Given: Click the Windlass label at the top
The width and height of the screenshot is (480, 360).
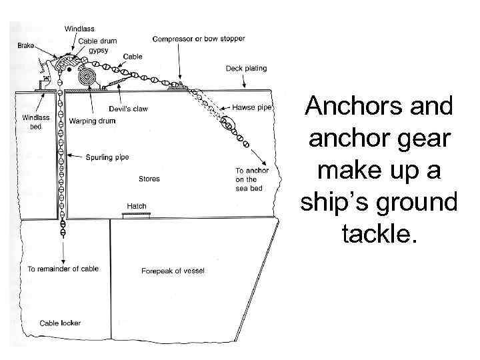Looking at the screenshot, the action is click(x=79, y=29).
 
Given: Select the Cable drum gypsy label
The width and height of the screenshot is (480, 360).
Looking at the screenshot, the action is click(x=98, y=45).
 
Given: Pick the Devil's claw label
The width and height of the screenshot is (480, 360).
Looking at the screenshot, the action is click(x=127, y=109).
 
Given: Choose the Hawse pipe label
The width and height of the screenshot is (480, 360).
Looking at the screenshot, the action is click(x=251, y=107).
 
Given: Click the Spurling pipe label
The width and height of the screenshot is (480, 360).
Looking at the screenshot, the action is click(x=107, y=157).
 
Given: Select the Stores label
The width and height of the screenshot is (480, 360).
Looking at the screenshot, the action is click(x=149, y=179).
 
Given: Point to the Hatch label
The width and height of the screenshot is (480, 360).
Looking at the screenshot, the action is click(x=136, y=206).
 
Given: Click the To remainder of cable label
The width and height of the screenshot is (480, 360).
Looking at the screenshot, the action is click(x=63, y=269).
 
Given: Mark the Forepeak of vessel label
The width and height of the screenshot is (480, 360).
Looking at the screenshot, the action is click(x=173, y=271).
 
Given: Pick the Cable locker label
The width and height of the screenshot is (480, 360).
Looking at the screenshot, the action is click(x=60, y=323).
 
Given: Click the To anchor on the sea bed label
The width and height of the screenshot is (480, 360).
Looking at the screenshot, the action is click(x=251, y=179).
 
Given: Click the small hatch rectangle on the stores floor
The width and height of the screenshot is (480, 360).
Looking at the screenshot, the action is click(x=136, y=215).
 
